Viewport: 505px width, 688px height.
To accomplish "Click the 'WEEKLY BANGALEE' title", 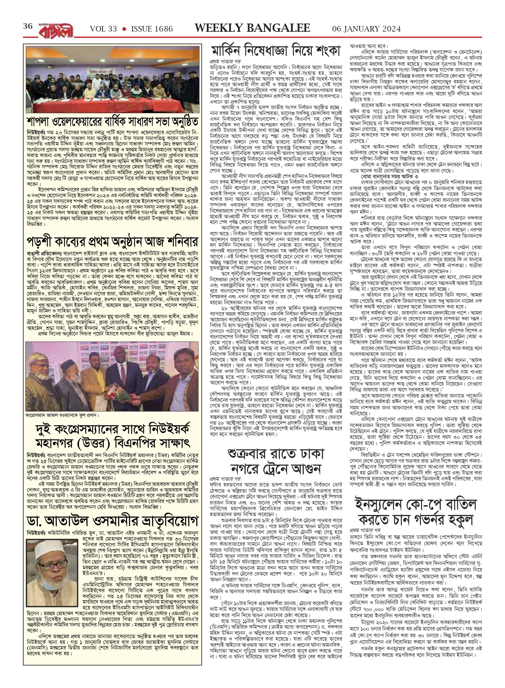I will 252,28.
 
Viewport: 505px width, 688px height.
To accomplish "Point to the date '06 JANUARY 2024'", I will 366,29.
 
